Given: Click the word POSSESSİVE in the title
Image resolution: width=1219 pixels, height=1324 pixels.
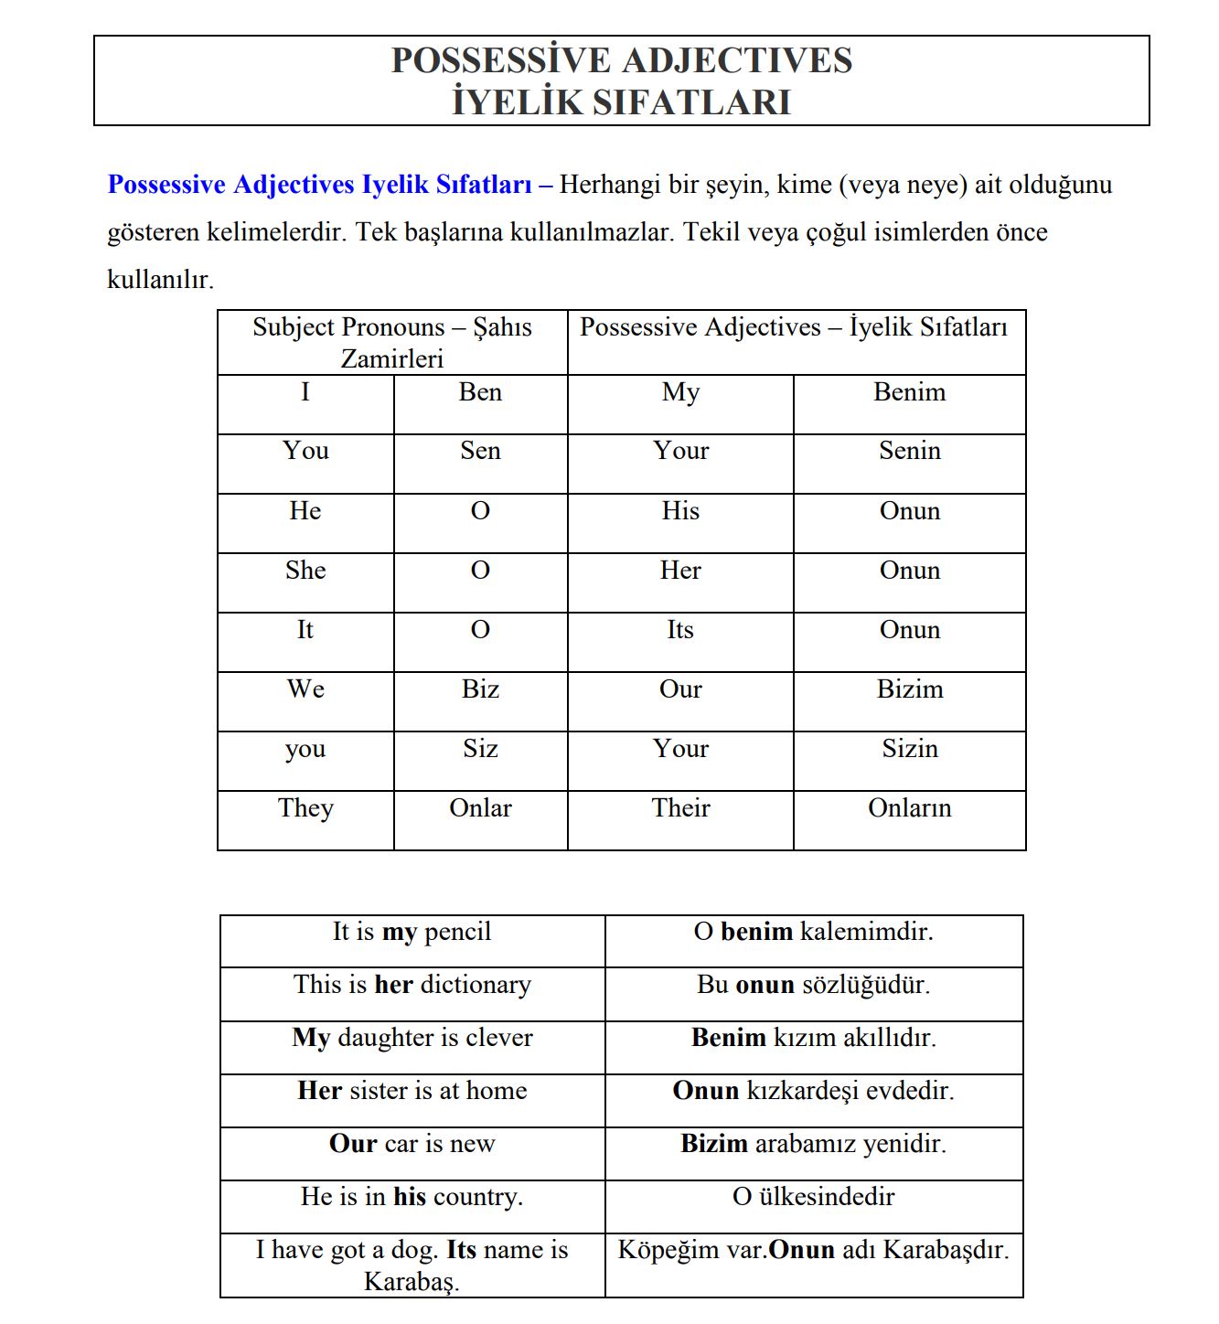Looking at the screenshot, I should (x=501, y=60).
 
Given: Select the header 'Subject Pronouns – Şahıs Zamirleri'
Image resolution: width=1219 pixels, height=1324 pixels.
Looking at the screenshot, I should (x=392, y=343).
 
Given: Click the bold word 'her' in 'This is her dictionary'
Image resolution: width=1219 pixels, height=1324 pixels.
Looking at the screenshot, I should (x=393, y=985).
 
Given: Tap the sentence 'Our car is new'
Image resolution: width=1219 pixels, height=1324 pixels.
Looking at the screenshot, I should (x=412, y=1144).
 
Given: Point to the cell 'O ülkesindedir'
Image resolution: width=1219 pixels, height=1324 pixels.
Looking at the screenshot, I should (x=813, y=1197).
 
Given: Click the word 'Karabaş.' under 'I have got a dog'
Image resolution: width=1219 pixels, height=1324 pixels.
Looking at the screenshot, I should (x=412, y=1281).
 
